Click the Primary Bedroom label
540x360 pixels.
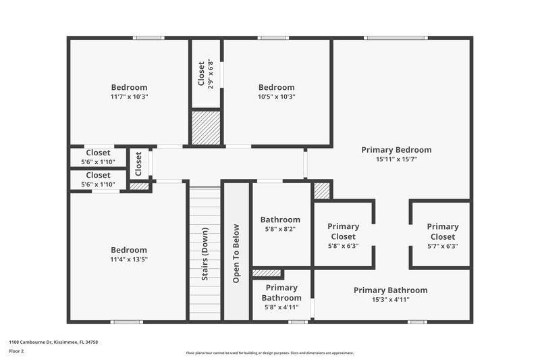pyautogui.click(x=396, y=150)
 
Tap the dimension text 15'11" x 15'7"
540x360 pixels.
pyautogui.click(x=396, y=159)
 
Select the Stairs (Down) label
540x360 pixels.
pyautogui.click(x=205, y=254)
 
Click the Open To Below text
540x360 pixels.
pyautogui.click(x=236, y=254)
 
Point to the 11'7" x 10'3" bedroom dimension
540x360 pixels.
pyautogui.click(x=129, y=97)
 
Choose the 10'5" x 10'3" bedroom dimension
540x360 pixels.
pyautogui.click(x=277, y=97)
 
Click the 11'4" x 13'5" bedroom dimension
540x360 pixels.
pyautogui.click(x=129, y=259)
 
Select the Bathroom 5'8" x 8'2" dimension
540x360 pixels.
pyautogui.click(x=280, y=229)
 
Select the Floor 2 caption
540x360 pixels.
pyautogui.click(x=17, y=351)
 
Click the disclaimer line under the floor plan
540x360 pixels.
pyautogui.click(x=270, y=353)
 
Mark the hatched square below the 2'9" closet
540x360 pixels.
pyautogui.click(x=207, y=127)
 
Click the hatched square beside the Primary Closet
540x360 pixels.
pyautogui.click(x=322, y=190)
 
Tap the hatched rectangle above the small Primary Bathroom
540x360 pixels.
pyautogui.click(x=267, y=274)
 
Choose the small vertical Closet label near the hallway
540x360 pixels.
pyautogui.click(x=139, y=163)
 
